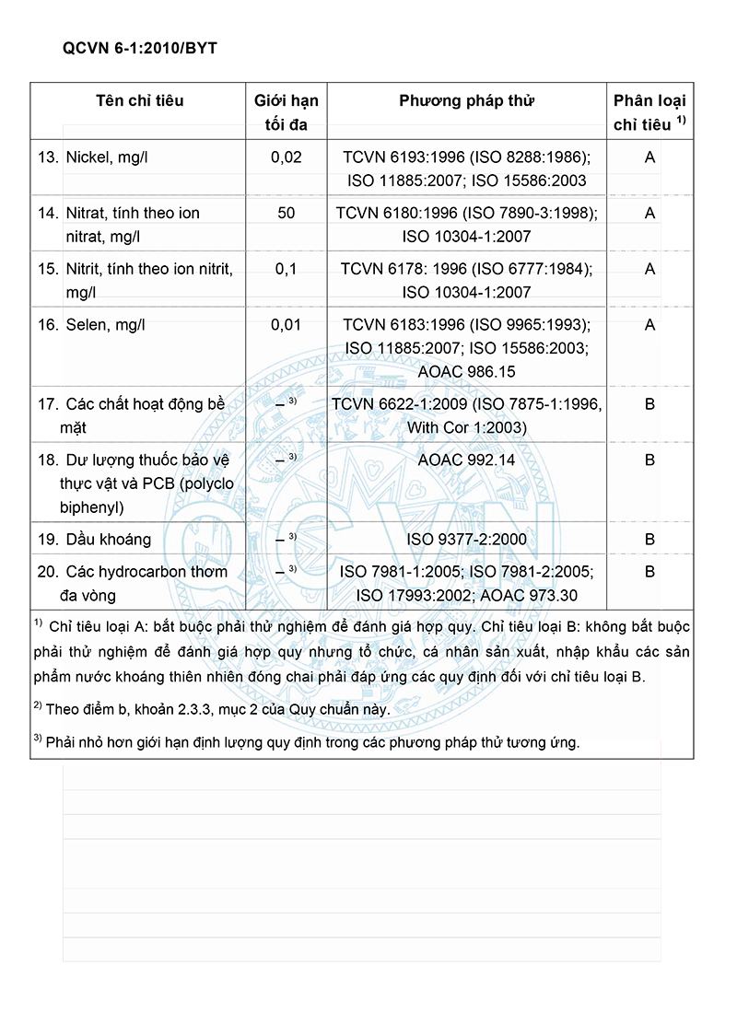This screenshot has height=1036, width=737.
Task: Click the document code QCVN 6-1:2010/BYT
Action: pos(140,48)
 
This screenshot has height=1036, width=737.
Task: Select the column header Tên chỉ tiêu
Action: pos(139,100)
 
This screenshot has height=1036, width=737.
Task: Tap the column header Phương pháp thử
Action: pos(466,100)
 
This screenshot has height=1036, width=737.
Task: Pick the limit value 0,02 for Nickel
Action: pos(286,157)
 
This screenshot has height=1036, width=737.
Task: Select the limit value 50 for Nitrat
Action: pos(286,213)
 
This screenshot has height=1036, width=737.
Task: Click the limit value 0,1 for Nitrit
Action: pos(286,269)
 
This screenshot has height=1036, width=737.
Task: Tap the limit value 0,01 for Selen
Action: pos(286,325)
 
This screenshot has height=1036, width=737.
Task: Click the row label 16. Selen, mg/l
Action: pos(91,325)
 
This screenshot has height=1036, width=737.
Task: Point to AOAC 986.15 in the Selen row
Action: pos(466,372)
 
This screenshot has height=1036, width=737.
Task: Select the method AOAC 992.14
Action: pos(466,460)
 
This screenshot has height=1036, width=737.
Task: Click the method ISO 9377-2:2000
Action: pos(466,540)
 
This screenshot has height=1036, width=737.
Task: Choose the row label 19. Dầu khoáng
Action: pos(94,540)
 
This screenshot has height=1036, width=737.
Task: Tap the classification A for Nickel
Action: pos(649,157)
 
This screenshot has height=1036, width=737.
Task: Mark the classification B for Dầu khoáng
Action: pos(649,540)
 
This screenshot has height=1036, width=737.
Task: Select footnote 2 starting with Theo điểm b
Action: pos(212,709)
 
